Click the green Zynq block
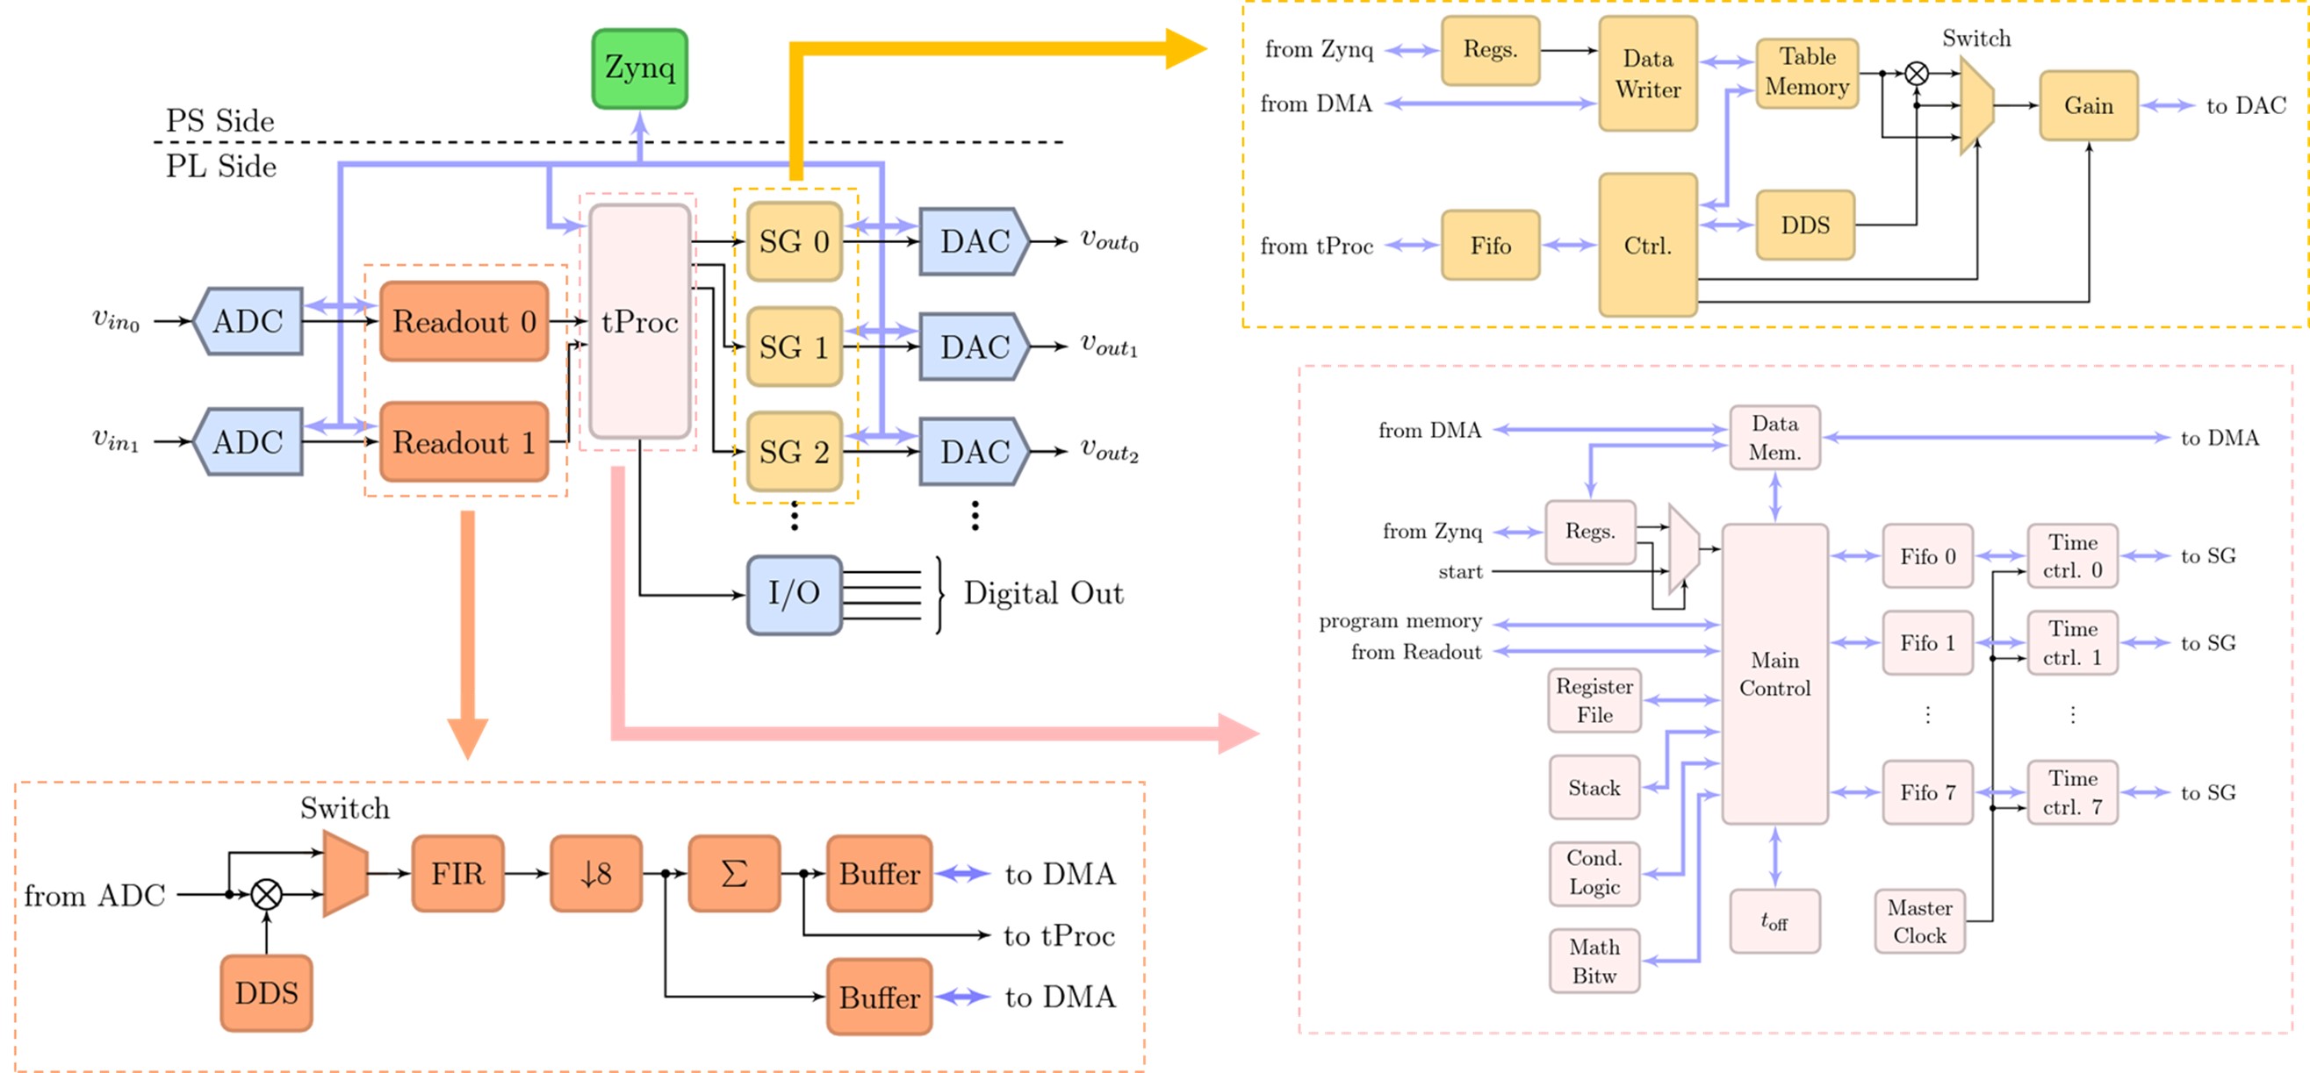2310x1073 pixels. click(639, 69)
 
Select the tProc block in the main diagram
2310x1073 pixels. click(639, 321)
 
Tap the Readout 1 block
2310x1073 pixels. click(464, 442)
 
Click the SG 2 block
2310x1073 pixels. click(794, 452)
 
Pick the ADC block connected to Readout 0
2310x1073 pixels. click(248, 321)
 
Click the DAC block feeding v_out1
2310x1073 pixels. click(974, 347)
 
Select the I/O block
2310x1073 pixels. click(794, 593)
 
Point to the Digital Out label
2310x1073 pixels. click(1043, 593)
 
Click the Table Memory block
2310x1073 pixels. click(1807, 73)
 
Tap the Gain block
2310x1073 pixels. click(2089, 106)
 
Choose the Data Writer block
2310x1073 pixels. click(1647, 75)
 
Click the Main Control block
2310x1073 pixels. click(1774, 674)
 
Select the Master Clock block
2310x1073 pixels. click(1919, 921)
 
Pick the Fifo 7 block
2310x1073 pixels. click(1927, 792)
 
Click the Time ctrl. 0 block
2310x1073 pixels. click(2072, 556)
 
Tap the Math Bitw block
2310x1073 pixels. click(1594, 961)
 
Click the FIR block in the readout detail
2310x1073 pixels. click(457, 874)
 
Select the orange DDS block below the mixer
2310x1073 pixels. click(266, 993)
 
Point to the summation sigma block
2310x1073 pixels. click(733, 874)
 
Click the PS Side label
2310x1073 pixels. click(219, 121)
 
